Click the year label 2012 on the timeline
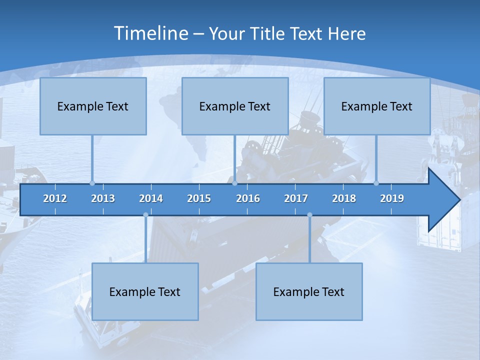pyautogui.click(x=55, y=198)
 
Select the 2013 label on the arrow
pyautogui.click(x=103, y=198)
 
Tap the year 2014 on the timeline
pyautogui.click(x=151, y=198)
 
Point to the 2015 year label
pyautogui.click(x=199, y=198)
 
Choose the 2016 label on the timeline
pyautogui.click(x=248, y=198)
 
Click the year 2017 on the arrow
pyautogui.click(x=296, y=198)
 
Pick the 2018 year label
pyautogui.click(x=344, y=198)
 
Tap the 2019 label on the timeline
pyautogui.click(x=392, y=198)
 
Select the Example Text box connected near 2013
pyautogui.click(x=93, y=106)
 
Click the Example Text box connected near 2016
pyautogui.click(x=235, y=106)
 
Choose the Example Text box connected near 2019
pyautogui.click(x=377, y=106)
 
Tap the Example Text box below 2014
pyautogui.click(x=145, y=291)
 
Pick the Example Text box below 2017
pyautogui.click(x=309, y=291)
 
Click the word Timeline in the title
pyautogui.click(x=150, y=33)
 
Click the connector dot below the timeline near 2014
pyautogui.click(x=145, y=215)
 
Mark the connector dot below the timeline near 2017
pyautogui.click(x=309, y=215)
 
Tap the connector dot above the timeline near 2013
pyautogui.click(x=92, y=183)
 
